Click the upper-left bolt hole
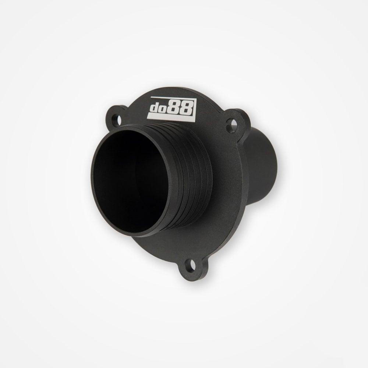tap(118, 119)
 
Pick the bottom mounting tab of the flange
tap(190, 266)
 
